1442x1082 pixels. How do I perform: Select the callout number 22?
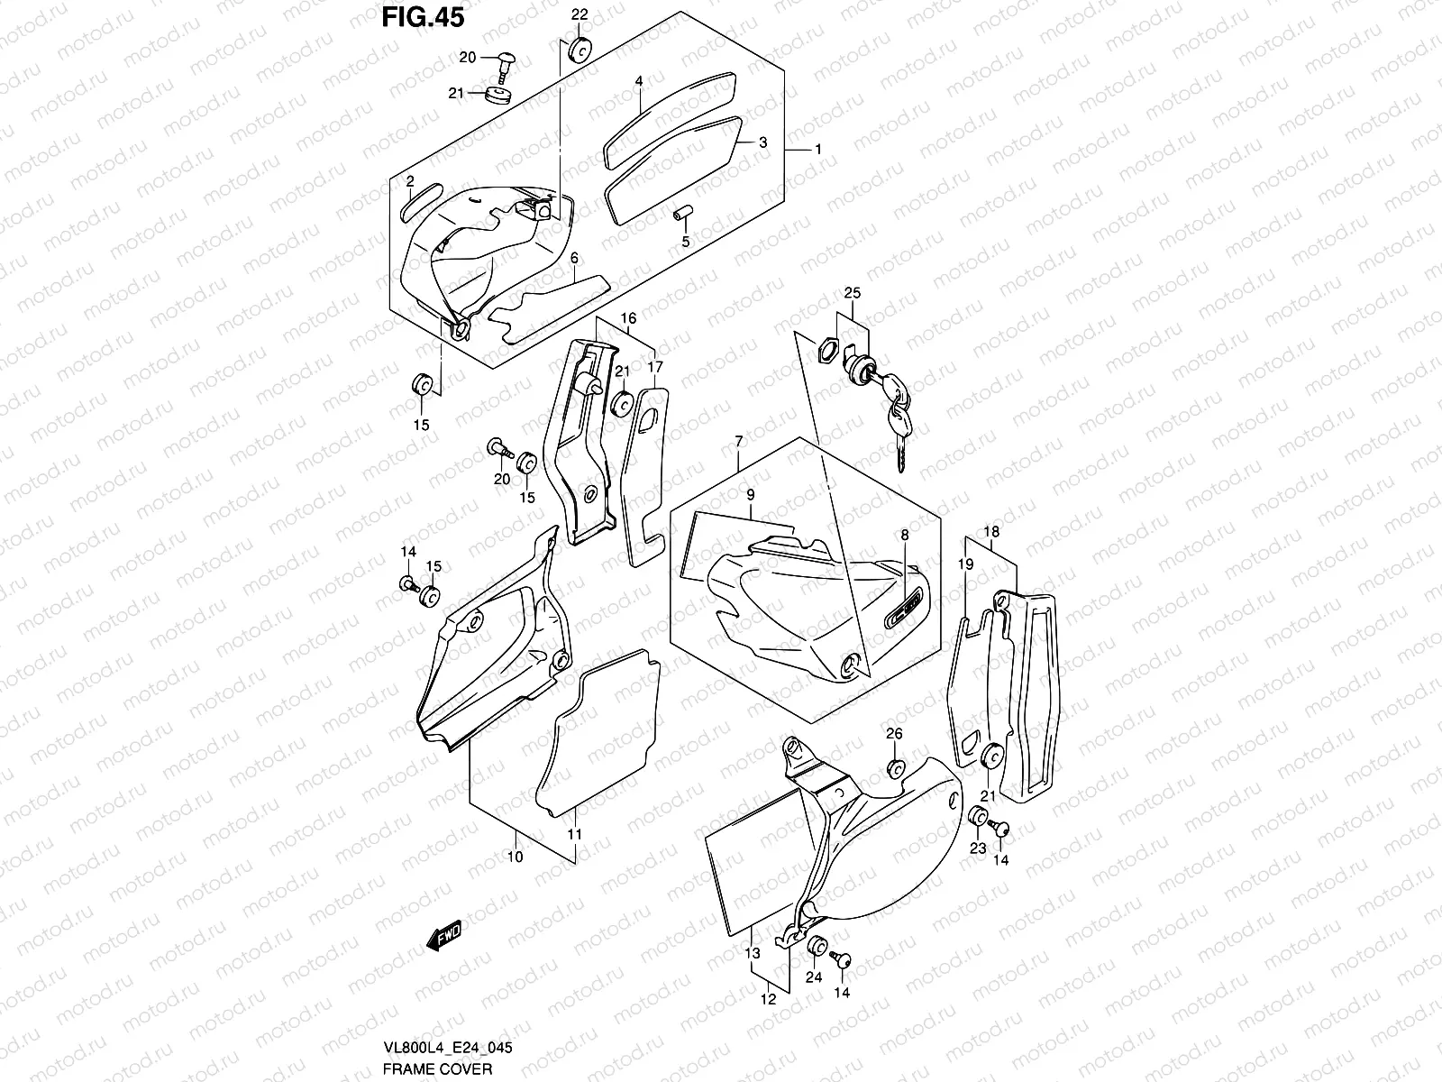580,14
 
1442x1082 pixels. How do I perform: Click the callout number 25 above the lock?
853,294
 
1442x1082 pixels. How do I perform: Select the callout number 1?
817,149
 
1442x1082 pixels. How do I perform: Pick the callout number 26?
893,734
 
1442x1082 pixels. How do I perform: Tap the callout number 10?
515,857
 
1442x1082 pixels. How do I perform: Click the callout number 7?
738,441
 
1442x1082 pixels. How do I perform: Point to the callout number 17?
654,367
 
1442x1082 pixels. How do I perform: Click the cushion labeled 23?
976,817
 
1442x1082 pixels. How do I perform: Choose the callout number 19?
965,564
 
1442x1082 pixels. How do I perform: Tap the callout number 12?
767,999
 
